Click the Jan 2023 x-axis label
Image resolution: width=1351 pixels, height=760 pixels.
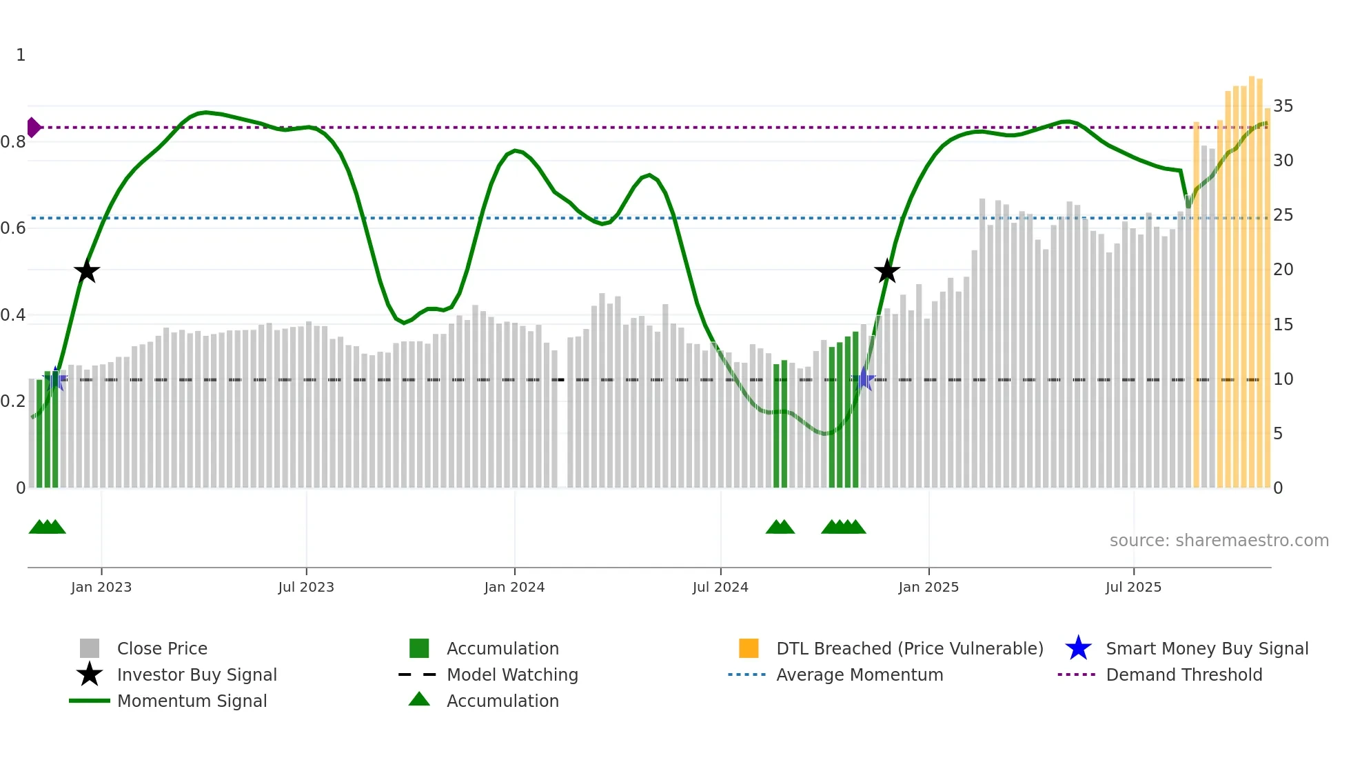101,587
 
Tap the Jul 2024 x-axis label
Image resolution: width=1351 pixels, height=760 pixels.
720,587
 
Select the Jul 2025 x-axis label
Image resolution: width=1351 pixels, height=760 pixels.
1133,587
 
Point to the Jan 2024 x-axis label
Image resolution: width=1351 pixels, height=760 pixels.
514,587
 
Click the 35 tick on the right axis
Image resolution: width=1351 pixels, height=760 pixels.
1283,106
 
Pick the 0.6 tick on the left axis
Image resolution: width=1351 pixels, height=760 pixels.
13,228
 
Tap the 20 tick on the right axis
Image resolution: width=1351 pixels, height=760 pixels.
1283,270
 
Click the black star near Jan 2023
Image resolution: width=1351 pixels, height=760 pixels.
87,271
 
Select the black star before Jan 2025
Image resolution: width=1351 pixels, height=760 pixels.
887,271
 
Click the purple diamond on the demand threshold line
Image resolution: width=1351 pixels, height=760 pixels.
33,128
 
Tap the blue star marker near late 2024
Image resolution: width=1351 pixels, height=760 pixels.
864,379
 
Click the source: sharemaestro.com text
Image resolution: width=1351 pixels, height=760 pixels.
1219,541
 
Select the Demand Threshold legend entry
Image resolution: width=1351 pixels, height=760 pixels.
1184,674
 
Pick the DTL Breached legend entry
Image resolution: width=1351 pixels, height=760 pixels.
909,648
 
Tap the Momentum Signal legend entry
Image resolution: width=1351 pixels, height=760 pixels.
192,701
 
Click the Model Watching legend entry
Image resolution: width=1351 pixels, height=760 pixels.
512,674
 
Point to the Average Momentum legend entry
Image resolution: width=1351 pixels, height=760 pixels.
860,674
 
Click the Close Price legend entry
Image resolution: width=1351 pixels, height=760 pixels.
162,648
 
